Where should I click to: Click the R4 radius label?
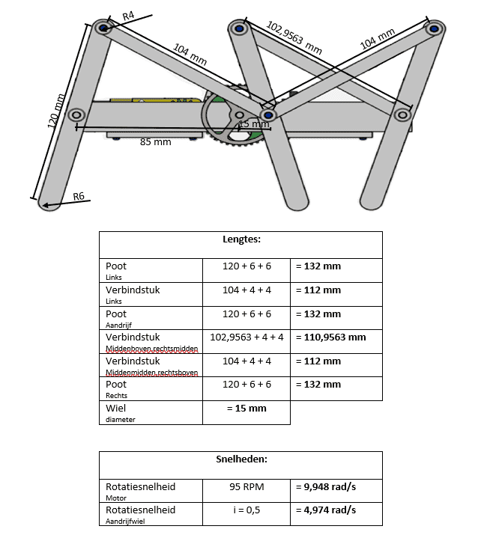128,16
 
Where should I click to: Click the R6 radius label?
79,196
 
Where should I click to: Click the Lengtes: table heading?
241,240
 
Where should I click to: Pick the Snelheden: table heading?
241,460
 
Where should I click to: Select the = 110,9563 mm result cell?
330,337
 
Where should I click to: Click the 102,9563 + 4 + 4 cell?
246,337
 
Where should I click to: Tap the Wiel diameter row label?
117,412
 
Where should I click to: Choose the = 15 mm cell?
246,409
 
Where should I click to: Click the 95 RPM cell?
246,486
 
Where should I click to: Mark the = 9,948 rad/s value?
325,486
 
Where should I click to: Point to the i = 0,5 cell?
246,510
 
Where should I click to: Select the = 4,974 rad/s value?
325,510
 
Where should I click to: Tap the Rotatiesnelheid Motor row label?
140,491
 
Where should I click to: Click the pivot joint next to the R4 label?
104,28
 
